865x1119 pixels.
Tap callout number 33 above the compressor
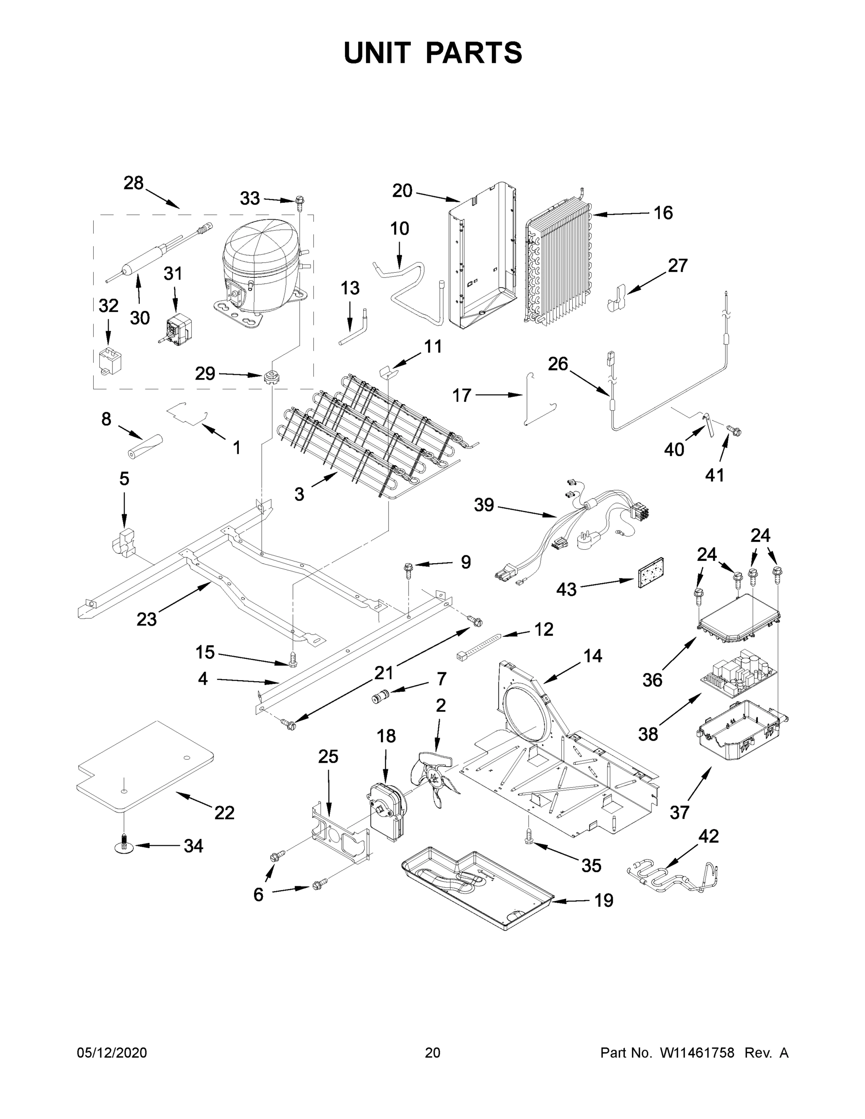[x=250, y=198]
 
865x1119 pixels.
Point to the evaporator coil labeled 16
[x=559, y=266]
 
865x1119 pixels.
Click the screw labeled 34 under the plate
[x=124, y=845]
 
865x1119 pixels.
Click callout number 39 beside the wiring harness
[x=484, y=505]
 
